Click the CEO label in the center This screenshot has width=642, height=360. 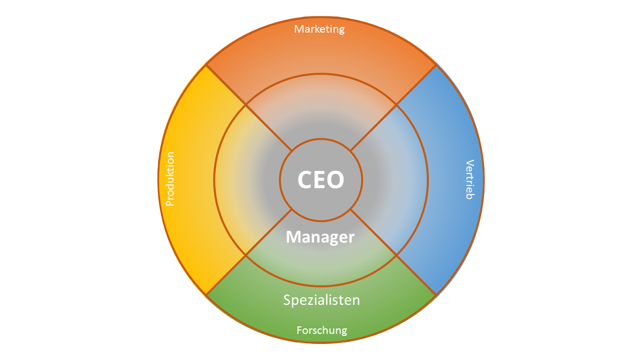pos(320,179)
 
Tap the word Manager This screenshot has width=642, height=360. pos(320,237)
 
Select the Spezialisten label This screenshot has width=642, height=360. pos(322,300)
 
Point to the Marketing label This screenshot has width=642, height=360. pos(319,29)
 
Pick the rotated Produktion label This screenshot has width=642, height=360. pos(170,179)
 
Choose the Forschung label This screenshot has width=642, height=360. pos(322,330)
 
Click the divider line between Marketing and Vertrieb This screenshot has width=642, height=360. pos(393,107)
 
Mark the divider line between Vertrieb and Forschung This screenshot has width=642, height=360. pos(393,252)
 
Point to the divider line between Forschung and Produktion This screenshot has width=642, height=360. pos(249,252)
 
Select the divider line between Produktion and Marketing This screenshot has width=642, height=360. pos(249,107)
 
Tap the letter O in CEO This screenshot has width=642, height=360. pos(336,179)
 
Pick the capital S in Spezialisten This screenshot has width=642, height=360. pos(287,300)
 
